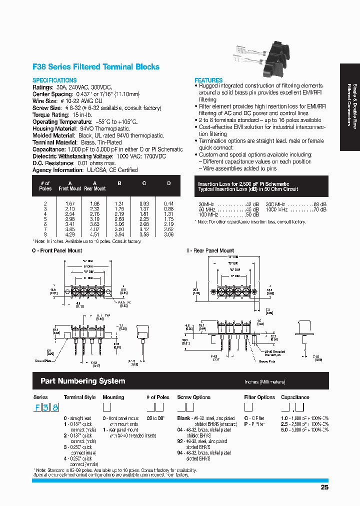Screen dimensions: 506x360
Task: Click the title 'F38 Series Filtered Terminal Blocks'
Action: click(96, 67)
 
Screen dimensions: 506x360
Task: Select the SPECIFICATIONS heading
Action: click(54, 80)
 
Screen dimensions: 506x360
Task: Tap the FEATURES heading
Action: click(208, 80)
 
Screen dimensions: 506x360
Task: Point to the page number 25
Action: click(324, 487)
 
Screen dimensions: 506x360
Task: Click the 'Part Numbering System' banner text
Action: click(82, 381)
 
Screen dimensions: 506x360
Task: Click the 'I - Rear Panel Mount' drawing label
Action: click(210, 250)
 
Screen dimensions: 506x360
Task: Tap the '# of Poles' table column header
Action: click(45, 186)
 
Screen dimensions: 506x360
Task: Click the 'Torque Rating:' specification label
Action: click(50, 115)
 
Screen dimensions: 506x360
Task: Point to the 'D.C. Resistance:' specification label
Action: click(52, 163)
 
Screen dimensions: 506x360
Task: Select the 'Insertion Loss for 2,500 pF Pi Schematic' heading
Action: click(243, 184)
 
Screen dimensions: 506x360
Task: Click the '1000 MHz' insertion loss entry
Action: click(276, 209)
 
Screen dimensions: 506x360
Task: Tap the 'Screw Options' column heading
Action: click(193, 397)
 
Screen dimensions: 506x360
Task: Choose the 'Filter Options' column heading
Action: click(259, 397)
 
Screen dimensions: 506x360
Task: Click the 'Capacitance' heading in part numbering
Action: click(295, 397)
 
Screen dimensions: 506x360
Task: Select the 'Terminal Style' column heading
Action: click(79, 397)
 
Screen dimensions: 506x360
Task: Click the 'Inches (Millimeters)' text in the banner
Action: click(265, 382)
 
